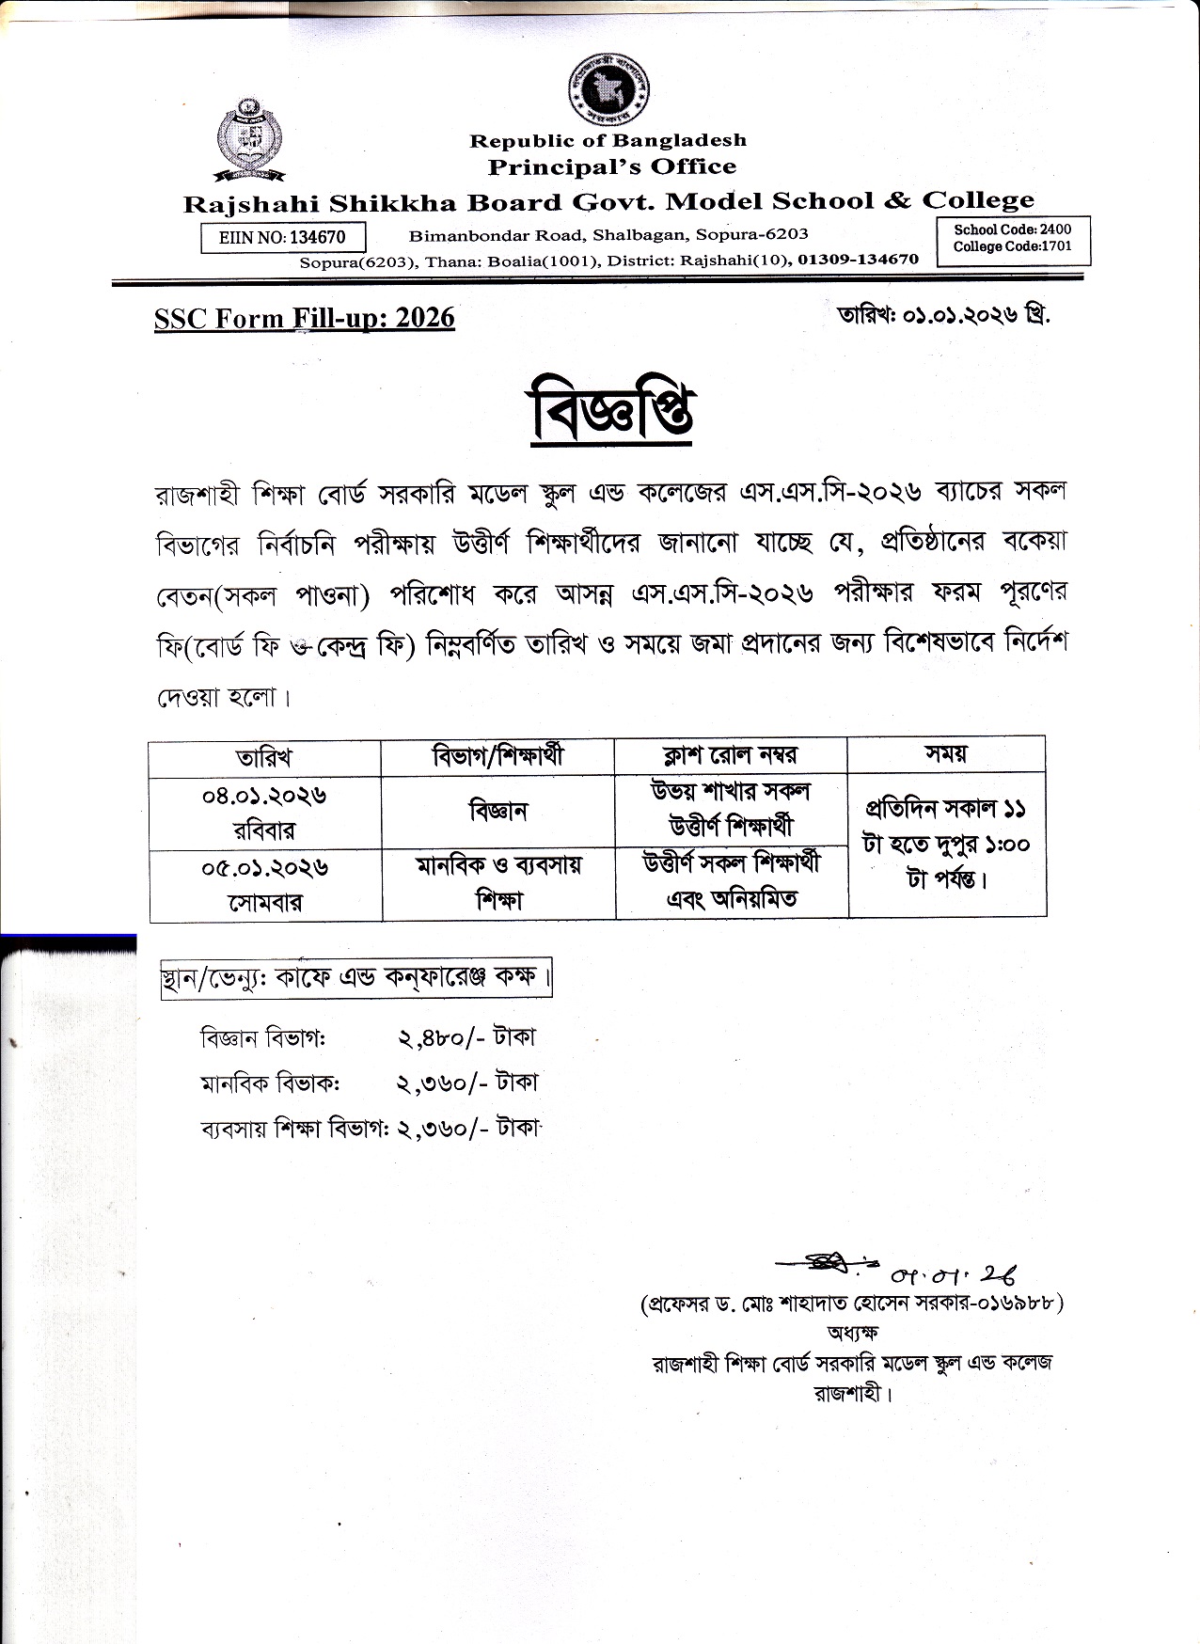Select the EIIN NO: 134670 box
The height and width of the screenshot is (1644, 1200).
pos(282,237)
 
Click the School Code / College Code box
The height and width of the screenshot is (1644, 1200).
pos(1012,238)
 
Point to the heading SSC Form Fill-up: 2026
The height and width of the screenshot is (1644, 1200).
pos(304,318)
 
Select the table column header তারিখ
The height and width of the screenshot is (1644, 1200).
pos(264,757)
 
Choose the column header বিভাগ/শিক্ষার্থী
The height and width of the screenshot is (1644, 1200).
pos(497,755)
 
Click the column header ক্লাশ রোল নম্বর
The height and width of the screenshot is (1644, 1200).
pos(730,755)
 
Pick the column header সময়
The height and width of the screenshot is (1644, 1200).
pos(946,753)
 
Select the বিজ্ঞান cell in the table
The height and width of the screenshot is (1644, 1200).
pos(497,812)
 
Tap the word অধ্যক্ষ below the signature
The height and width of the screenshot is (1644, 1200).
pos(852,1332)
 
